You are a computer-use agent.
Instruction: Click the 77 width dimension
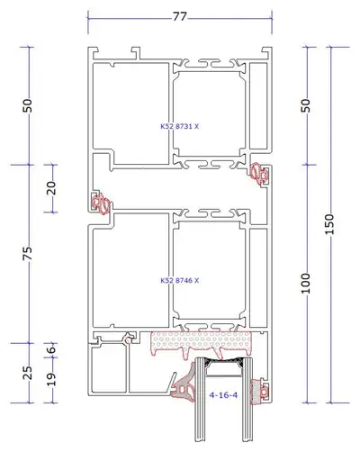click(x=180, y=16)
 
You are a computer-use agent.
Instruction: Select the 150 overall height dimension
click(x=329, y=224)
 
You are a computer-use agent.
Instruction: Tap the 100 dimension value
click(x=305, y=284)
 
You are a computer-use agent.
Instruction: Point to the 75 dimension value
click(x=28, y=254)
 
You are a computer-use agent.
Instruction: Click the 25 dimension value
click(x=28, y=373)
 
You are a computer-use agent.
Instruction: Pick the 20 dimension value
click(x=51, y=188)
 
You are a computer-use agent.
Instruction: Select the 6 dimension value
click(x=51, y=349)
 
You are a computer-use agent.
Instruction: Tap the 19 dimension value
click(x=51, y=379)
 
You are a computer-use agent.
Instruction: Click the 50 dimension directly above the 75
click(x=28, y=105)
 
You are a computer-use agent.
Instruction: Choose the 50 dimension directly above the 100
click(x=305, y=105)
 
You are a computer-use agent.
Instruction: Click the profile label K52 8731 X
click(x=180, y=126)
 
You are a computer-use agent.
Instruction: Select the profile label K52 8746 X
click(x=180, y=281)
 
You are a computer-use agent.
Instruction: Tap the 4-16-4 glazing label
click(x=223, y=395)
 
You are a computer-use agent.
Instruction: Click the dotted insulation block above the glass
click(x=201, y=342)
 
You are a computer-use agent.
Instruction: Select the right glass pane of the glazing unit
click(x=247, y=403)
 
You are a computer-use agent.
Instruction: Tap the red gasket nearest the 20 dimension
click(x=101, y=203)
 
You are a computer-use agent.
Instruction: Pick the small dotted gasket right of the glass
click(x=259, y=391)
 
